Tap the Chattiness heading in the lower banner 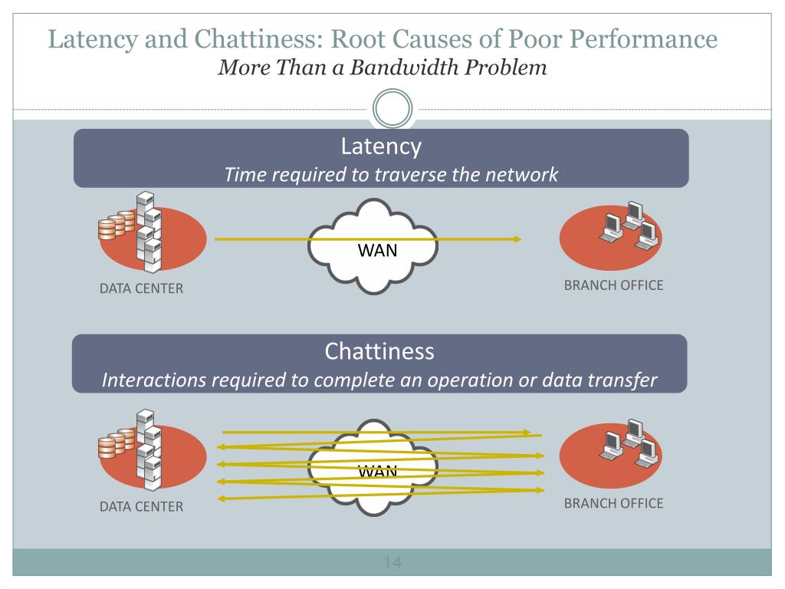pos(379,352)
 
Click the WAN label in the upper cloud pos(378,251)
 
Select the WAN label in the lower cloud pos(378,471)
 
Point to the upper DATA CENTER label pos(141,289)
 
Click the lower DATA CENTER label pos(141,507)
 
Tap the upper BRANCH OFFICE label pos(613,286)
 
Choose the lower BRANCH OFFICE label pos(613,504)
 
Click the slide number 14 pos(392,564)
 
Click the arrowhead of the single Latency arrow pos(517,239)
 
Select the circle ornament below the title pos(392,110)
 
